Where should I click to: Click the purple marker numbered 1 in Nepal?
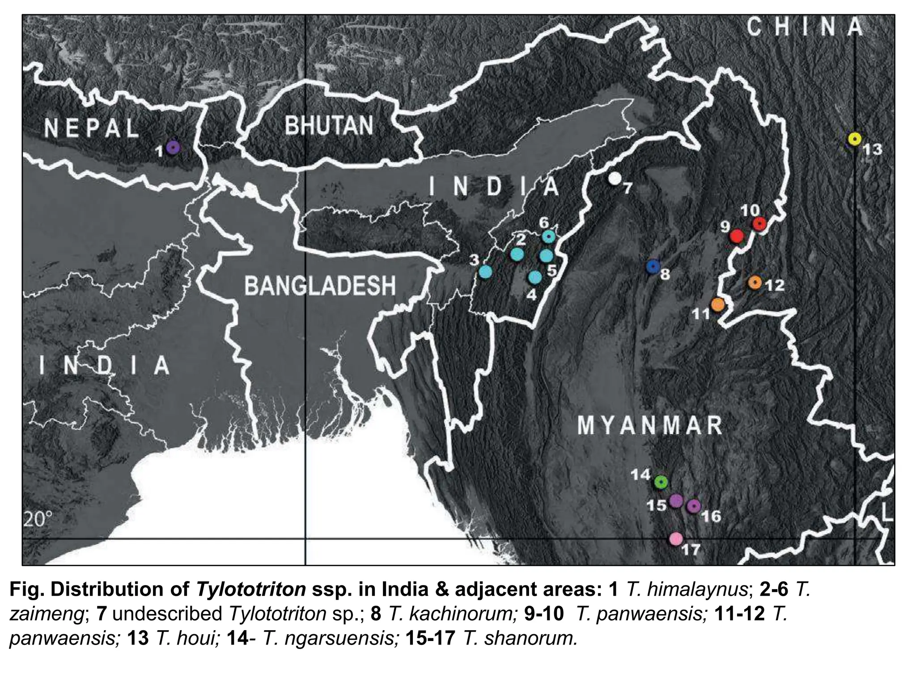click(x=173, y=147)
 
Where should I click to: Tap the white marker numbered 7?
click(x=615, y=178)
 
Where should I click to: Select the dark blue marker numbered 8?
click(x=653, y=267)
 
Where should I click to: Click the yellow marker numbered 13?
click(x=855, y=139)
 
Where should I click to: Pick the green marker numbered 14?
click(x=661, y=482)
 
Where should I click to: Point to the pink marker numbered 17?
click(x=676, y=539)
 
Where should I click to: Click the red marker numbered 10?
click(x=759, y=223)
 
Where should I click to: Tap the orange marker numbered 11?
click(x=717, y=305)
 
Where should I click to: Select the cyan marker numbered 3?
click(x=485, y=271)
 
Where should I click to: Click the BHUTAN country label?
click(x=329, y=126)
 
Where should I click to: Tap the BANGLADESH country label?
click(x=320, y=285)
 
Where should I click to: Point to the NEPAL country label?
click(x=92, y=128)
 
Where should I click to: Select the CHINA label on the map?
click(x=805, y=27)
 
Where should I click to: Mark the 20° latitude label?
click(x=38, y=520)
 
